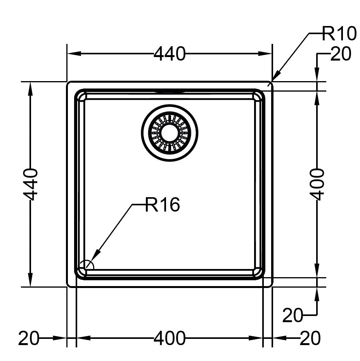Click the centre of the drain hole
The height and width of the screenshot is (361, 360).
coord(170,133)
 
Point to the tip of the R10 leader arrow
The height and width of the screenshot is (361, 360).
coord(272,81)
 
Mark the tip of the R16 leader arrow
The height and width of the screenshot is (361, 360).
coord(86,268)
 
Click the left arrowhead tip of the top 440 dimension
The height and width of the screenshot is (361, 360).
coord(67,54)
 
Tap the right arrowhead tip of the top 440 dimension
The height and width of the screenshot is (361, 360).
coord(272,54)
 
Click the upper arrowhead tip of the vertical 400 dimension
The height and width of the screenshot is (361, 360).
coord(317,91)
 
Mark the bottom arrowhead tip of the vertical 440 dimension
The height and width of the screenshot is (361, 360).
coord(30,287)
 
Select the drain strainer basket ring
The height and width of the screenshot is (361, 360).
coord(170,133)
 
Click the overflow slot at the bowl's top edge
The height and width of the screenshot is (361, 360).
coord(170,91)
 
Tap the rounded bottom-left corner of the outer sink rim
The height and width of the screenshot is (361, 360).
coord(69,285)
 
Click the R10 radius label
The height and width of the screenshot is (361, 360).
coord(339,34)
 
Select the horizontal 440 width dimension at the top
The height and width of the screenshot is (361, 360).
coord(170,54)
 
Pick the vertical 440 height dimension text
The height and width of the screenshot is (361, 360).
coord(30,184)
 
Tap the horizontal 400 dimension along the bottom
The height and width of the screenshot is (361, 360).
coord(170,338)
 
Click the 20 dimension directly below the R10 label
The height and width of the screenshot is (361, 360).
coord(341,54)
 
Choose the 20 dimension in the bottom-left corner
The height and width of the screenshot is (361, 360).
coord(29,338)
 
